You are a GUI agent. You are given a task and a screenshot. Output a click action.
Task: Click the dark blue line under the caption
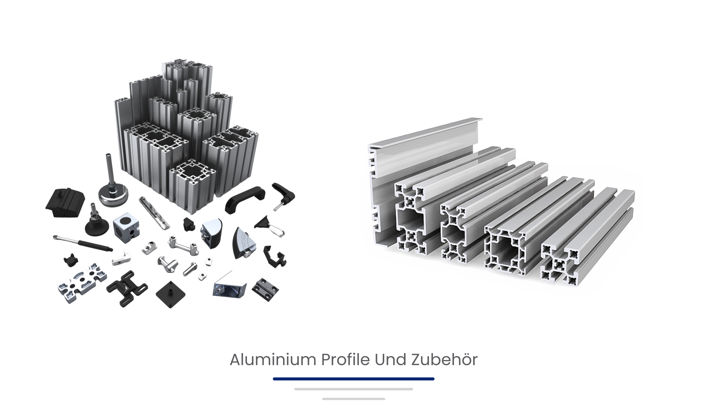point(353,379)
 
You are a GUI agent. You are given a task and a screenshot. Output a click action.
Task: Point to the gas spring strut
point(83,243)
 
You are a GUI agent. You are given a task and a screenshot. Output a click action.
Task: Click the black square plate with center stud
point(170,294)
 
